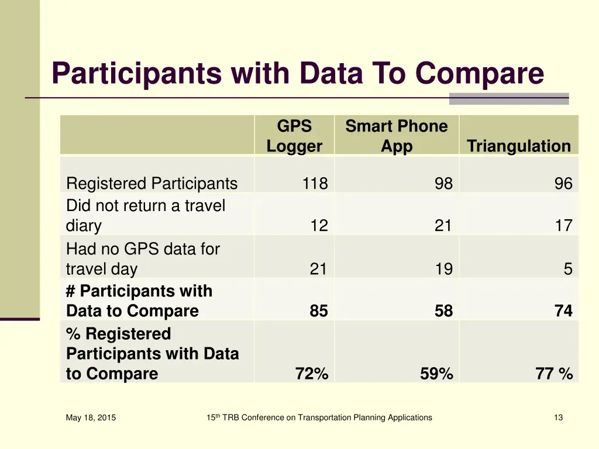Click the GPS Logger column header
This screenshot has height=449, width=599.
(x=294, y=136)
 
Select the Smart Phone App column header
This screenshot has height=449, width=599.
(x=396, y=136)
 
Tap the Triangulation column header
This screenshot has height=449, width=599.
(x=518, y=146)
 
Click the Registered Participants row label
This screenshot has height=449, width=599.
(x=152, y=184)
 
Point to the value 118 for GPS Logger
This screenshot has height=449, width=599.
(x=315, y=184)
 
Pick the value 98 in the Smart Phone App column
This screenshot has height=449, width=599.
(x=443, y=184)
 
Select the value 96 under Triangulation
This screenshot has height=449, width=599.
(x=563, y=184)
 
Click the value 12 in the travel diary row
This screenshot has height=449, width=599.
(x=319, y=226)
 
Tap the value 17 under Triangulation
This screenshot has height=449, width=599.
(x=563, y=226)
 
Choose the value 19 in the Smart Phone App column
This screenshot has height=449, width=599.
(x=443, y=269)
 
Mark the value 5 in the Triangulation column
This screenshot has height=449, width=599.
(x=567, y=269)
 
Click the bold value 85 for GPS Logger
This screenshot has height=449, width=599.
(x=319, y=311)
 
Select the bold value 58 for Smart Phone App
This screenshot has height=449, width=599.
(x=443, y=311)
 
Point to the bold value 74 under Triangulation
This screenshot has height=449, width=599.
(x=563, y=311)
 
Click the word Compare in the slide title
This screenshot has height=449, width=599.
(x=480, y=74)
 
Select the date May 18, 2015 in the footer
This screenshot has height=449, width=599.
(x=91, y=417)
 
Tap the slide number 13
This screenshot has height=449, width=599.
(x=558, y=417)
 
